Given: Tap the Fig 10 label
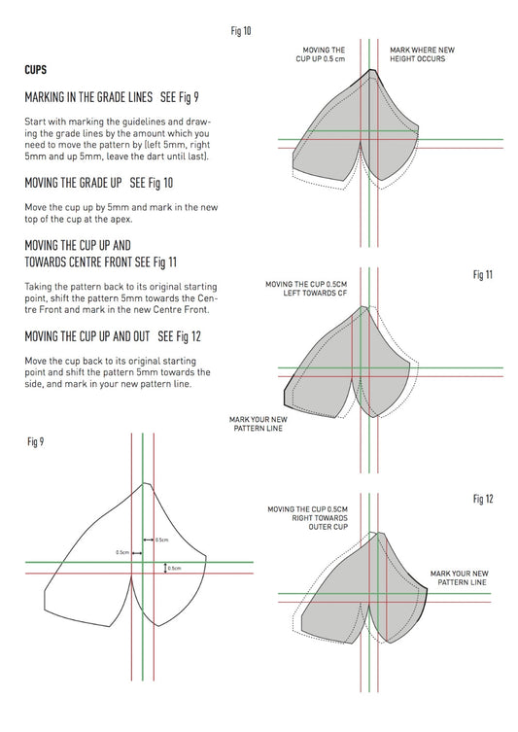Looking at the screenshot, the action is point(241,31).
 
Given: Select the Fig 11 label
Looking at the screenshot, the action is point(483,275).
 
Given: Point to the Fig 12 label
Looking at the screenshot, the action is point(483,499).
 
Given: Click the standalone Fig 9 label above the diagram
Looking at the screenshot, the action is point(35,441).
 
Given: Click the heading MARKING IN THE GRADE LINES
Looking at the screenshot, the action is point(87,98).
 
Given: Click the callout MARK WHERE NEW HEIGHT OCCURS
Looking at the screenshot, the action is point(417,53).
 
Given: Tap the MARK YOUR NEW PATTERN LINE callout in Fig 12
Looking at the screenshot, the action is point(459,578).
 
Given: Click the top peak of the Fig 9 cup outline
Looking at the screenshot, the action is point(144,482).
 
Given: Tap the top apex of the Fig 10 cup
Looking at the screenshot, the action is point(372,70).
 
